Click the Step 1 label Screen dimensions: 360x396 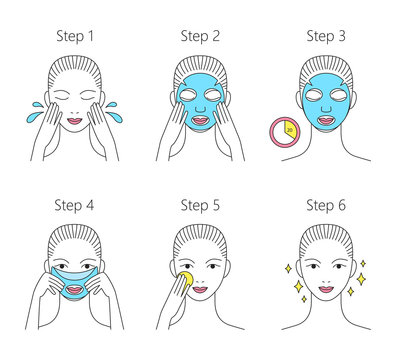coord(72,36)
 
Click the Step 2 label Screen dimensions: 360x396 coord(198,36)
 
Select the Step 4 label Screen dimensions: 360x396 coord(72,206)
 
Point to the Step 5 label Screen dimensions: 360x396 coord(198,206)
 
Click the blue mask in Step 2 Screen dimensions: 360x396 coord(198,100)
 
